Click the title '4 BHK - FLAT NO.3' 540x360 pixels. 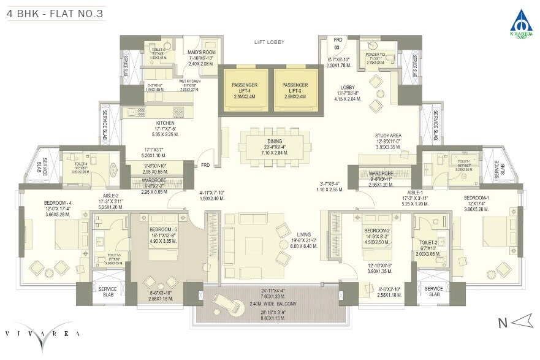pyautogui.click(x=47, y=10)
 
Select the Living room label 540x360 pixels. pyautogui.click(x=303, y=234)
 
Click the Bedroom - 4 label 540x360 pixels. pyautogui.click(x=58, y=204)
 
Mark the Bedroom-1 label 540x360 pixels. pyautogui.click(x=476, y=197)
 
